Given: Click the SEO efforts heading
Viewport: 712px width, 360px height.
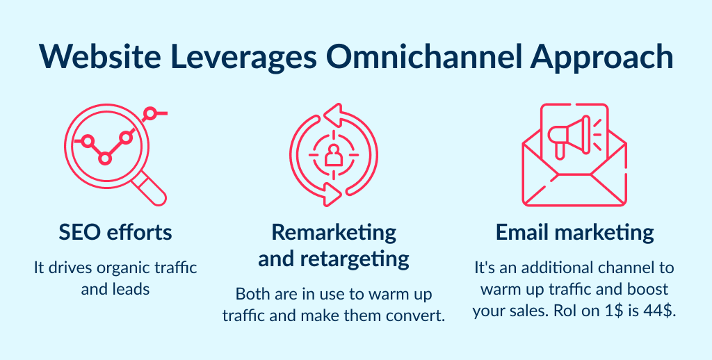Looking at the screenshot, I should pyautogui.click(x=115, y=233).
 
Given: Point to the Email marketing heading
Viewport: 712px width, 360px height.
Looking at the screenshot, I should pyautogui.click(x=574, y=233).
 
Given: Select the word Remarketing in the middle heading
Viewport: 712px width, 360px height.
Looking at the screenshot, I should pyautogui.click(x=334, y=232).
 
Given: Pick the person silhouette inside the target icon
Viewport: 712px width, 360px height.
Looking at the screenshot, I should pyautogui.click(x=334, y=154).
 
